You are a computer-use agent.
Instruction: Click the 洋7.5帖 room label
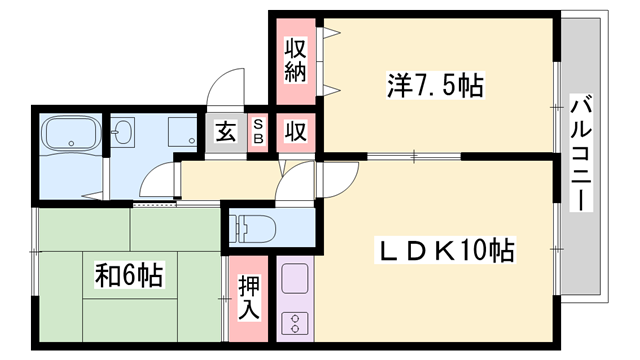(435, 86)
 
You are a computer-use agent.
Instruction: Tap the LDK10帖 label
(445, 250)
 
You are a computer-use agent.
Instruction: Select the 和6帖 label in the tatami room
(129, 273)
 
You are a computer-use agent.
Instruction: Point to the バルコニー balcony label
(579, 150)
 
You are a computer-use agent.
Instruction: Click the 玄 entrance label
(226, 131)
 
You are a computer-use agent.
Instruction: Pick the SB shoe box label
(258, 131)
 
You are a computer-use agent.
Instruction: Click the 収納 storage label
(294, 59)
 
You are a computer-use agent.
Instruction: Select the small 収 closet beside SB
(296, 131)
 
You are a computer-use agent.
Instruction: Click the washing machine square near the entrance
(182, 132)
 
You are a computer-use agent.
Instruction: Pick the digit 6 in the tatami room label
(129, 273)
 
